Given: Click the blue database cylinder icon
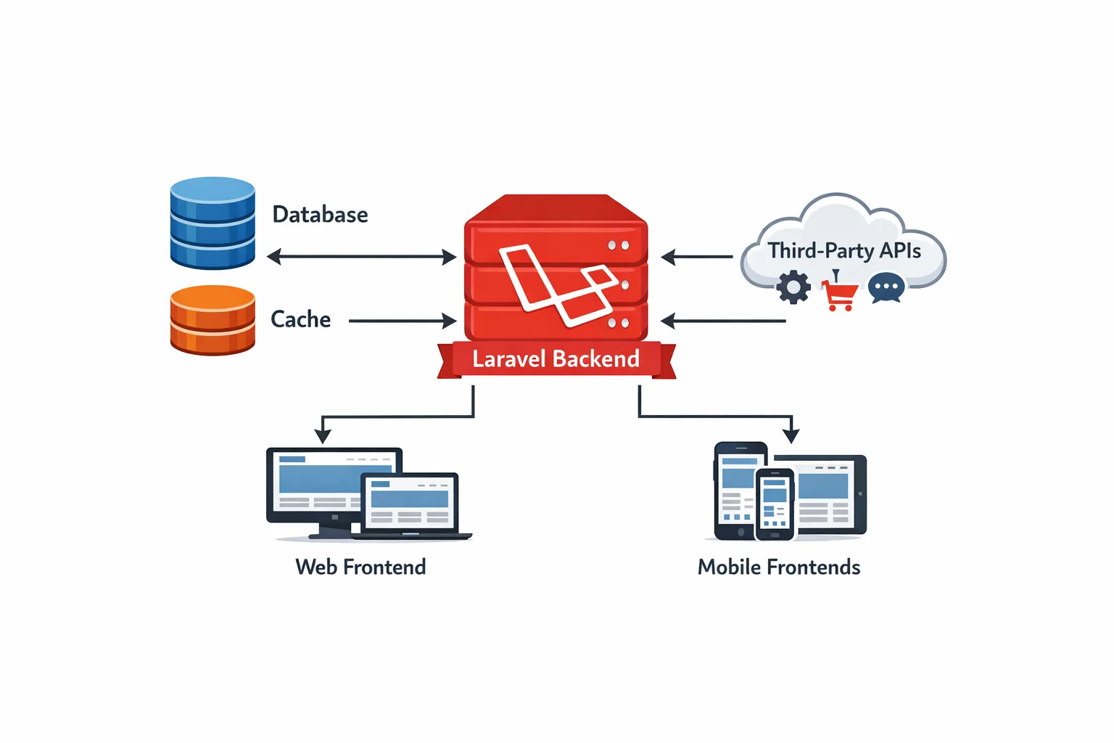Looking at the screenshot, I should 213,223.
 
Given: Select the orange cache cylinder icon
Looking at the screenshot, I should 213,320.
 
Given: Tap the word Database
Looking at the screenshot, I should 320,215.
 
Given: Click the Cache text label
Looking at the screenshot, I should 300,319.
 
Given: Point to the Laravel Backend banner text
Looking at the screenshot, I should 556,359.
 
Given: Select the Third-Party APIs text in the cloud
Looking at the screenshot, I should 844,251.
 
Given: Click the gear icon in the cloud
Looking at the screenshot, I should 793,287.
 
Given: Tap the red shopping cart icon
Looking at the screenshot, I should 840,293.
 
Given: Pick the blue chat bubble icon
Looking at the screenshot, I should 886,288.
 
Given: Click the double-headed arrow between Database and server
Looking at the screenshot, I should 361,257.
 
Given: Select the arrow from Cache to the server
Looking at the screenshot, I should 402,321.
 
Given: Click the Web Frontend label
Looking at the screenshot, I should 360,567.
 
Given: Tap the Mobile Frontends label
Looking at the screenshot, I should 779,567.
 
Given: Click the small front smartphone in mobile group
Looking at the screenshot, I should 775,504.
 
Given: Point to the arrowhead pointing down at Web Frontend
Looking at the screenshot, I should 323,435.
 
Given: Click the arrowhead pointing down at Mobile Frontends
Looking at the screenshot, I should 791,435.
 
